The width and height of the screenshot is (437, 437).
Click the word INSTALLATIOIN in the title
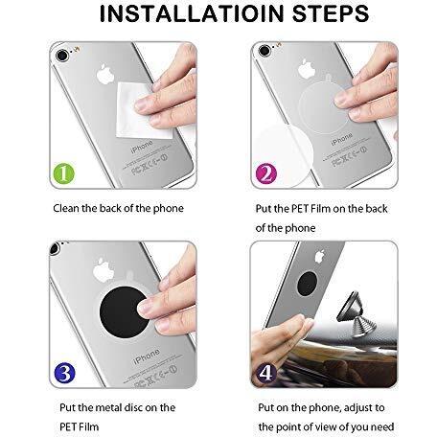(x=192, y=13)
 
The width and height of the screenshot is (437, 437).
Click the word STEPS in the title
(x=331, y=13)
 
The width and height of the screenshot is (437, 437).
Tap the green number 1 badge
(x=64, y=173)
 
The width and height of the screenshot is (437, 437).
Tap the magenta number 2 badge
(x=266, y=173)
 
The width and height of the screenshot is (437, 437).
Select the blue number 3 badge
(x=65, y=373)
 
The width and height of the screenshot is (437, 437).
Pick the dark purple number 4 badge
(x=266, y=373)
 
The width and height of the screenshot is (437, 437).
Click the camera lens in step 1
(x=62, y=56)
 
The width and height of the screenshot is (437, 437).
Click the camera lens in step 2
(x=264, y=51)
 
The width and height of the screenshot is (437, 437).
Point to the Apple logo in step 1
(x=105, y=74)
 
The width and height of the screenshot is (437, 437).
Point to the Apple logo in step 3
(x=103, y=270)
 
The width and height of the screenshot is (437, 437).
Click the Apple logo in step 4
(x=320, y=257)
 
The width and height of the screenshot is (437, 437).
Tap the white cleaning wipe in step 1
(x=144, y=110)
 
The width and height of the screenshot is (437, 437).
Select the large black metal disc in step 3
(x=124, y=311)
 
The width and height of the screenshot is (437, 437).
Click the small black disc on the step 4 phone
(x=308, y=284)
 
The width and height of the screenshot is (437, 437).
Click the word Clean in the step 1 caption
(x=66, y=208)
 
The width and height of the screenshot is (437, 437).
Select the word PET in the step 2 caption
(x=300, y=209)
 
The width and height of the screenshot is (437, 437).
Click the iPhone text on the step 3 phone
(x=147, y=356)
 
